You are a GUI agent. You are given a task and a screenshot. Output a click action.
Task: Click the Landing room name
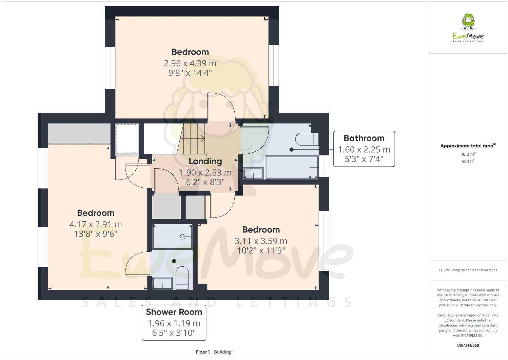[205, 161]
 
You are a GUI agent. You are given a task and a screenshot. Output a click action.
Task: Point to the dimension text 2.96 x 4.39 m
[190, 63]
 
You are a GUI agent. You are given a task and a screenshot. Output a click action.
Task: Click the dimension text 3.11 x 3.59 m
[261, 241]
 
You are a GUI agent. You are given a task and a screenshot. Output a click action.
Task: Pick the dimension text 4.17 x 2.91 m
[95, 224]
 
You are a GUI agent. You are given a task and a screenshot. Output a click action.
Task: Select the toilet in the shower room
[182, 277]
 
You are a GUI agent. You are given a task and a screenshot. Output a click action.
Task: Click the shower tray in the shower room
[173, 236]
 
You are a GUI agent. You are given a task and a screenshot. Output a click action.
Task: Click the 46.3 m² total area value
[468, 154]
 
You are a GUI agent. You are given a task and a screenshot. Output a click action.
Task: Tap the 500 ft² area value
[468, 162]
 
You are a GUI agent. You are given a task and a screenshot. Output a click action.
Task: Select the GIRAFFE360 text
[468, 346]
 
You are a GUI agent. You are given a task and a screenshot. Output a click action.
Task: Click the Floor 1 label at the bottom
[203, 352]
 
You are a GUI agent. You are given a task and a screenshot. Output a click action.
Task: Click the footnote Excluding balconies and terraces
[468, 270]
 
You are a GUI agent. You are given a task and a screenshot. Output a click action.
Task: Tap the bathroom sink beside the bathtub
[254, 173]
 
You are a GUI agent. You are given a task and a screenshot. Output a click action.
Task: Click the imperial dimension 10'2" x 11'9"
[261, 250]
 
